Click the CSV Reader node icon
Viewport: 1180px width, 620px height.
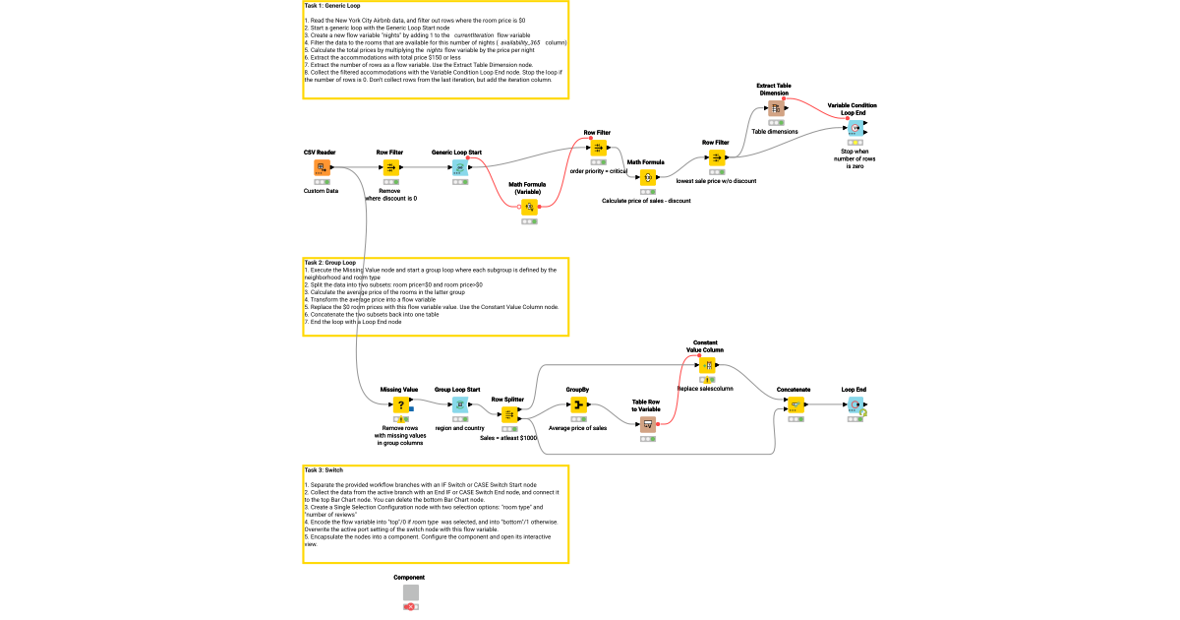(321, 168)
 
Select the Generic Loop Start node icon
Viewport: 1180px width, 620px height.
(458, 168)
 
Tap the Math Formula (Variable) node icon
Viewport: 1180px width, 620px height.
(529, 207)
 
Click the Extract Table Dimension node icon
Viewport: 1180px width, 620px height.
(775, 109)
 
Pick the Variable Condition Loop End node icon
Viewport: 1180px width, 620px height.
(855, 129)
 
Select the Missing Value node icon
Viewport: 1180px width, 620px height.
(400, 404)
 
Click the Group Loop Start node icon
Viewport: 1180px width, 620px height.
(458, 404)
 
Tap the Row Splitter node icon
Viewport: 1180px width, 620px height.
(509, 414)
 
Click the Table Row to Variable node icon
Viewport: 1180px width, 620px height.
(647, 424)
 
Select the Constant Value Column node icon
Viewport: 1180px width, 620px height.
(706, 365)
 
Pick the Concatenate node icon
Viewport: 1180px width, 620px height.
(795, 404)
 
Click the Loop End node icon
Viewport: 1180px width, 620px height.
(855, 404)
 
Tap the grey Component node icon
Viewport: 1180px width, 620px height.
(411, 592)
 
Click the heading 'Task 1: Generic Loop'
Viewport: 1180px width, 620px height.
(332, 6)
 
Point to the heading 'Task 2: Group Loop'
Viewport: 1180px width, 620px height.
(330, 263)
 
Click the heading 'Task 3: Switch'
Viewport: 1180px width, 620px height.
(324, 470)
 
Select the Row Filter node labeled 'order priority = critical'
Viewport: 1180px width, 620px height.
(598, 149)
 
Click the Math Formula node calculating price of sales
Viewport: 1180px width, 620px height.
(647, 178)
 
